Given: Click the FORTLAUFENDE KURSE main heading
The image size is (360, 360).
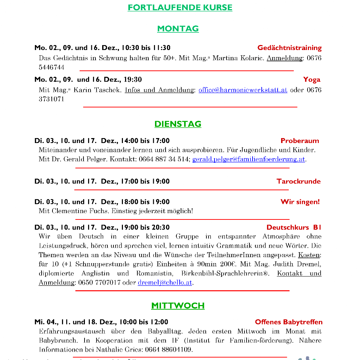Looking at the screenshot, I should pos(180,7).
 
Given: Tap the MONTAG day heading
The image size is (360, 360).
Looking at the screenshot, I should pos(178,29).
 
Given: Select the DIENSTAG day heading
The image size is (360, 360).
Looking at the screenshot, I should pos(178,124).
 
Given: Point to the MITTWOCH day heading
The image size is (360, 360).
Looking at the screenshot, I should pos(178,305).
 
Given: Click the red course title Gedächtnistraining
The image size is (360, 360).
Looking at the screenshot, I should pos(290,48).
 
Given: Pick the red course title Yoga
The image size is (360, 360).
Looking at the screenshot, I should pos(312,80).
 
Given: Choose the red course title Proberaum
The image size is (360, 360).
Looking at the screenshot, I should pos(300,141).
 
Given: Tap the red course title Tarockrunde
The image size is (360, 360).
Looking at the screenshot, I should pos(299,181).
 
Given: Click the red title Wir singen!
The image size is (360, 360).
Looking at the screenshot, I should pos(300,202).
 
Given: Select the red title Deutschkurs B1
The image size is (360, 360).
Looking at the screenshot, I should pos(294,227).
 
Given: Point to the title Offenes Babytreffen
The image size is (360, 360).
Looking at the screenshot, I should pos(289,322).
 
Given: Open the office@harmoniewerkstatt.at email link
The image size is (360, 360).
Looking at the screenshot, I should pos(243,90).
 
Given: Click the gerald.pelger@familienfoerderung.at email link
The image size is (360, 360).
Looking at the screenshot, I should pos(249,160).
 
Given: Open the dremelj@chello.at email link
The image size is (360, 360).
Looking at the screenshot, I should pos(165,283).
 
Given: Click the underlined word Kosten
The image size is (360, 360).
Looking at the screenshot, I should pos(309,255).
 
